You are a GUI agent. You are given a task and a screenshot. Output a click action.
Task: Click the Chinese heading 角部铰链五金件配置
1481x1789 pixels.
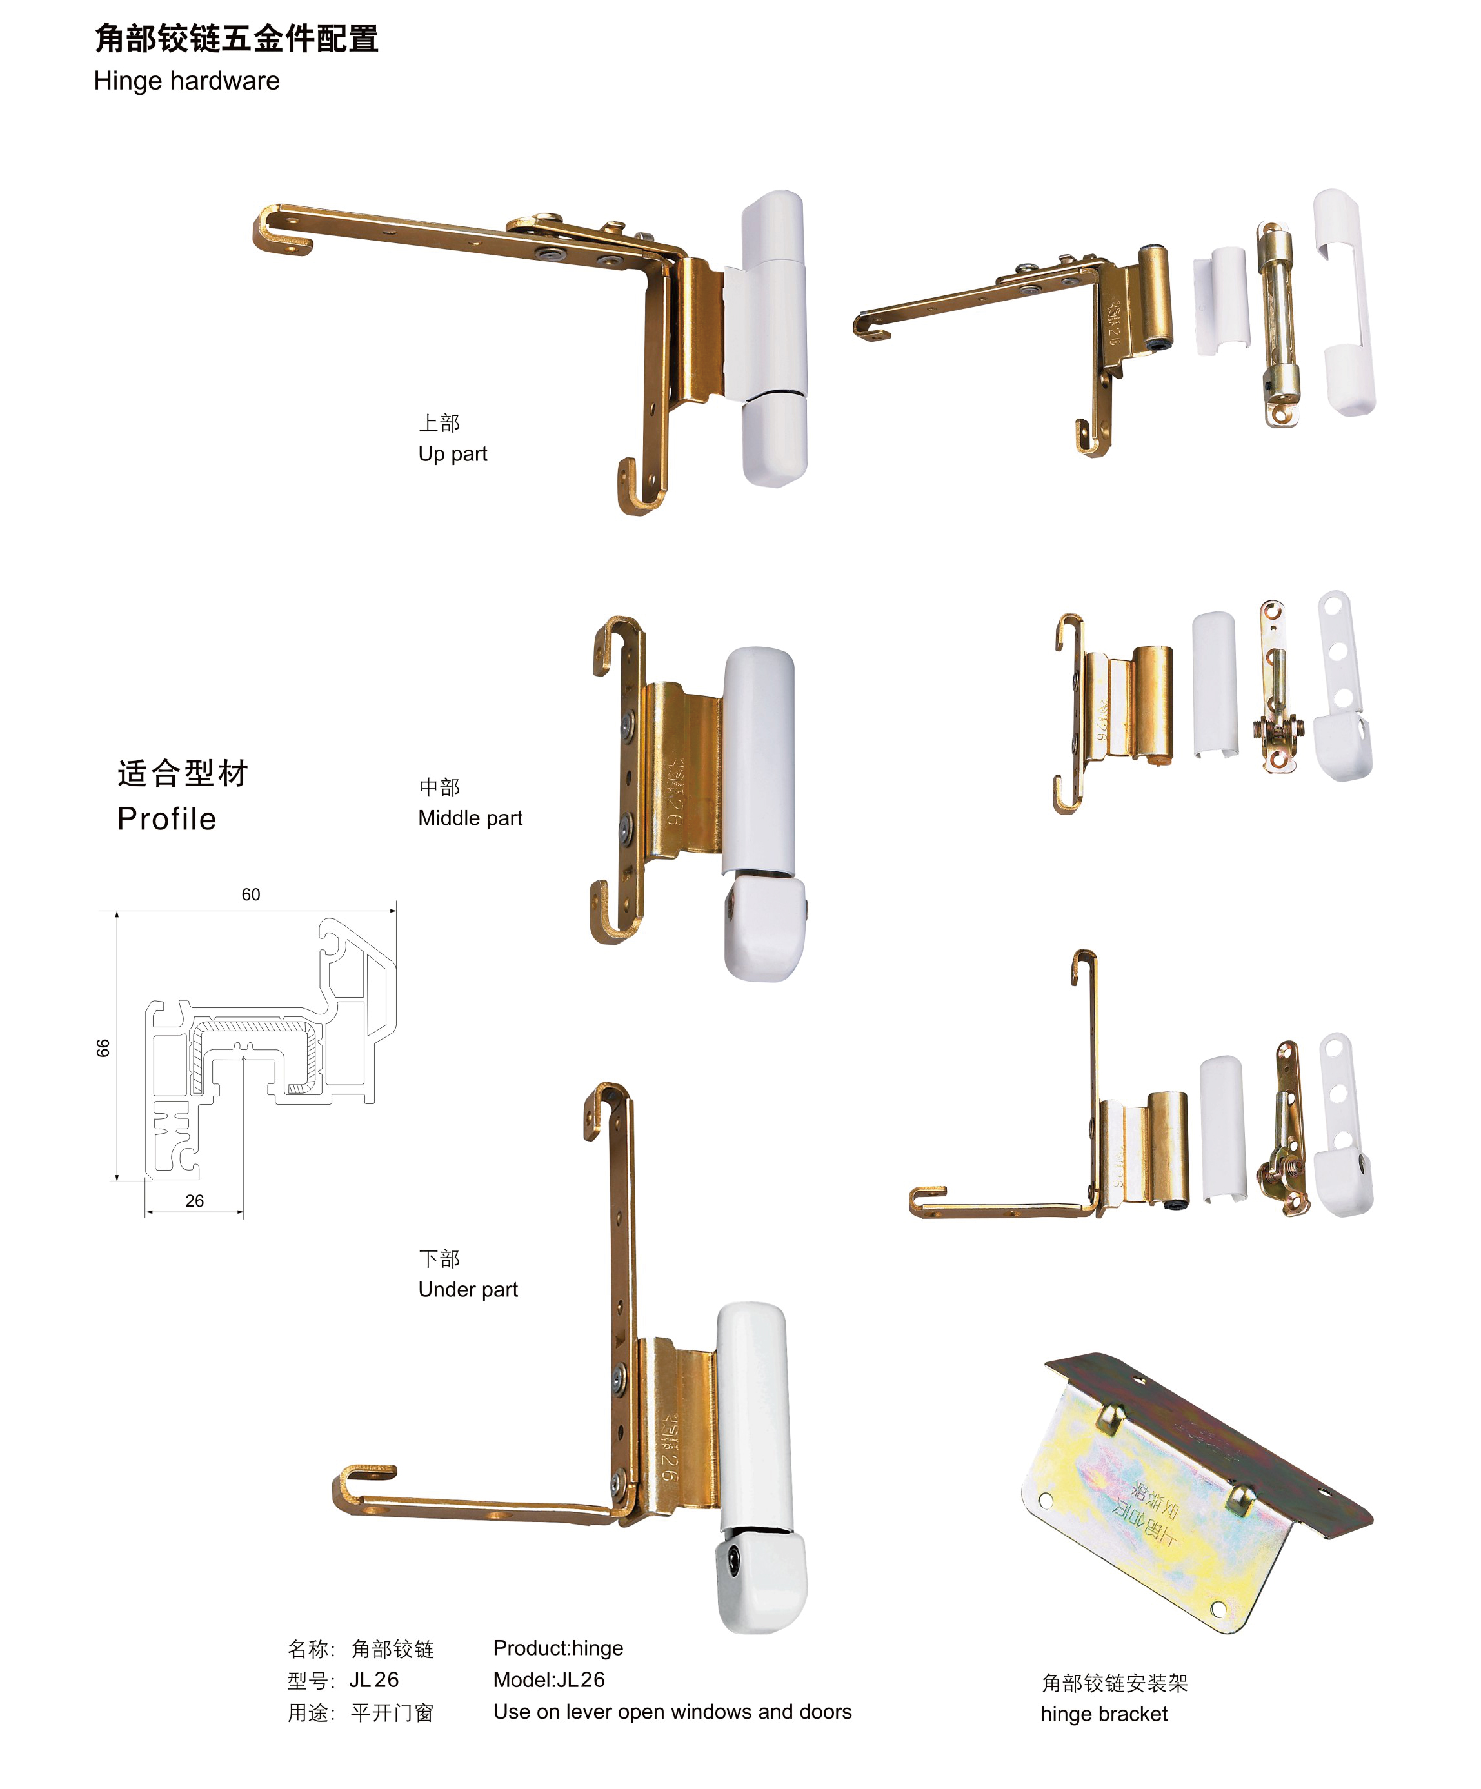click(x=236, y=38)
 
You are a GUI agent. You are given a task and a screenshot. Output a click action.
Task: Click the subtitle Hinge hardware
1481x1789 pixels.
click(x=186, y=81)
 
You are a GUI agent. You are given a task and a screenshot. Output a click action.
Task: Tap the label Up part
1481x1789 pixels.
click(x=452, y=454)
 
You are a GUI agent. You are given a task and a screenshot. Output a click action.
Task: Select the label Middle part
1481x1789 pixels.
click(x=470, y=818)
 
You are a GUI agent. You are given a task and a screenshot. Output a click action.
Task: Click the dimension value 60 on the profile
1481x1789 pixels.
click(x=250, y=895)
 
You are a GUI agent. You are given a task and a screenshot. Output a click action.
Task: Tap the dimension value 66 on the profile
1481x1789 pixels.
click(x=103, y=1048)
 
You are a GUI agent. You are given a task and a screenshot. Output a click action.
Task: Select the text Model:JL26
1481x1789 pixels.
click(x=549, y=1679)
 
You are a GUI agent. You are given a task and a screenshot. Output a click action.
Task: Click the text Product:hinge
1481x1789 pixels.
click(x=558, y=1648)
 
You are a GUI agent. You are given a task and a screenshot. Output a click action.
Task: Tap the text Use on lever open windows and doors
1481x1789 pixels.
click(x=672, y=1712)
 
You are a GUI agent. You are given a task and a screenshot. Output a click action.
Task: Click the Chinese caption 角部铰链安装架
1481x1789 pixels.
click(x=1115, y=1683)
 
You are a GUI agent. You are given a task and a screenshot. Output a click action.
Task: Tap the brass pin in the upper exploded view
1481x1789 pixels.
click(x=1279, y=324)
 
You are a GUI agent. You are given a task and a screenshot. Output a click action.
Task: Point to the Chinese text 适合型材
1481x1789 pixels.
click(x=183, y=773)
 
